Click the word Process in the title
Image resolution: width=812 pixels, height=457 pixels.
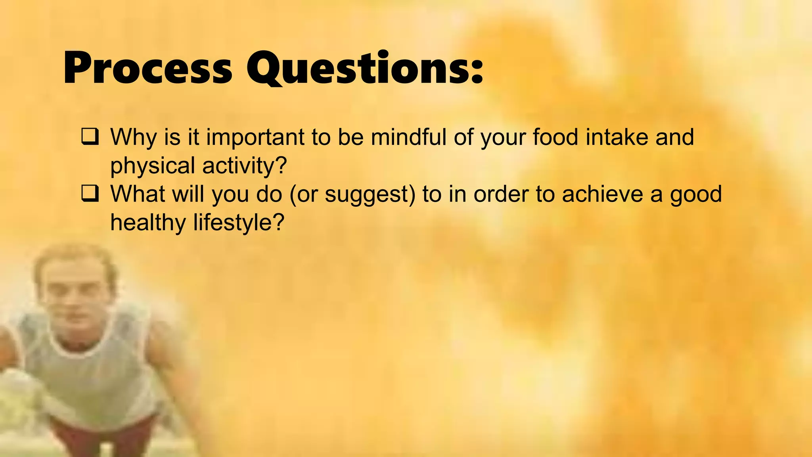click(147, 68)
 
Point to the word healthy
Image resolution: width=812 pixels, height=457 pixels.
click(147, 223)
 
